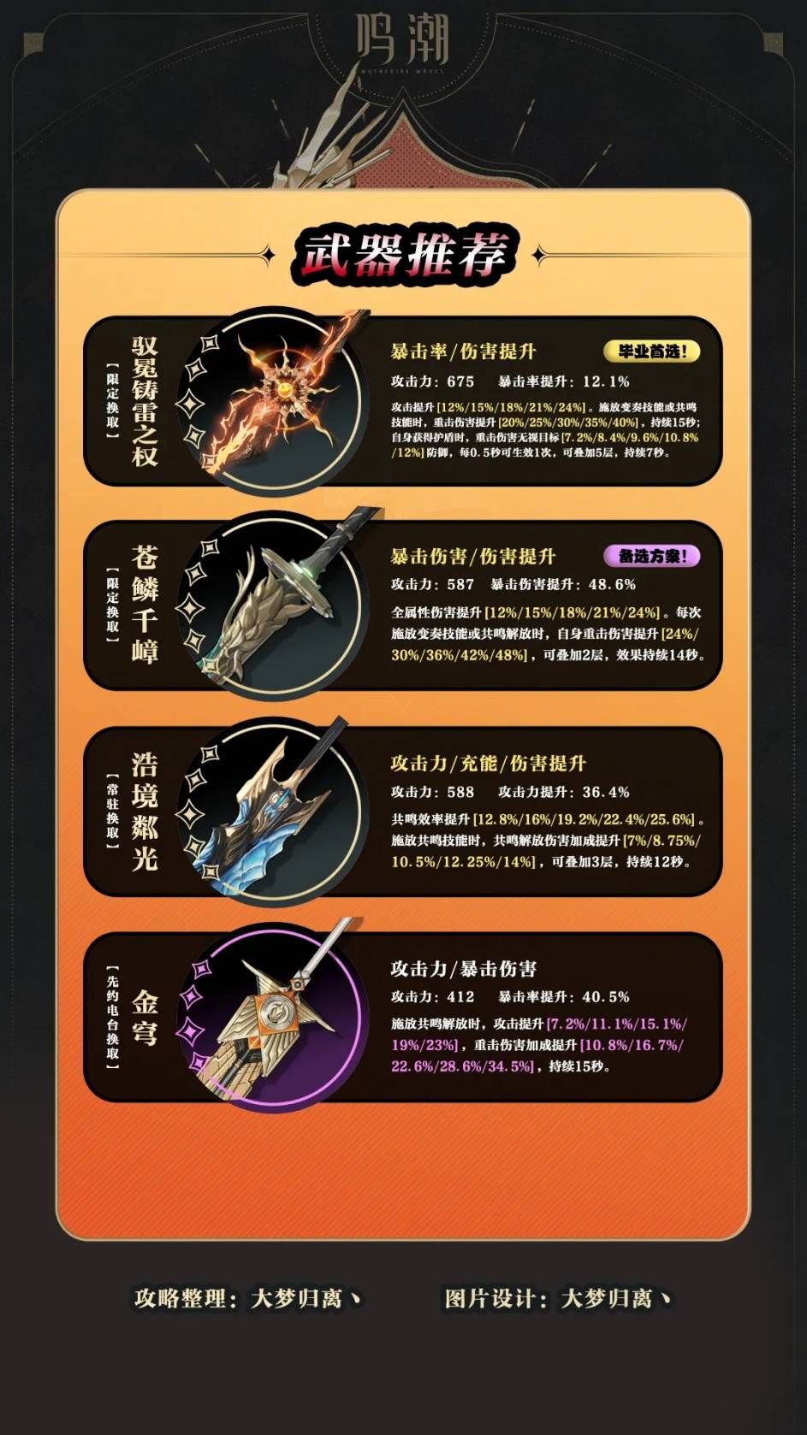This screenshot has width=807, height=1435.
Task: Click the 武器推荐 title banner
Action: pyautogui.click(x=403, y=256)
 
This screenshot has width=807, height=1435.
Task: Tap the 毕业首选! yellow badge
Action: pyautogui.click(x=652, y=351)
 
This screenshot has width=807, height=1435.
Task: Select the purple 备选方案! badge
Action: pyautogui.click(x=652, y=556)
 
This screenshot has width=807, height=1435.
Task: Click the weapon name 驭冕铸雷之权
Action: pyautogui.click(x=145, y=401)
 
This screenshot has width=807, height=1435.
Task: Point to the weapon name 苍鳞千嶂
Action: pyautogui.click(x=145, y=604)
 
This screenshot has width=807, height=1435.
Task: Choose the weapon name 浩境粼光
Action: pyautogui.click(x=145, y=811)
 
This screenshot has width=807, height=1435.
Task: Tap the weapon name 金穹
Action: pyautogui.click(x=145, y=1018)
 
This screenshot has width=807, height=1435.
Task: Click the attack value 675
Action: pyautogui.click(x=460, y=381)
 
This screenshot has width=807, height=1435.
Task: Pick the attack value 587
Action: pyautogui.click(x=460, y=584)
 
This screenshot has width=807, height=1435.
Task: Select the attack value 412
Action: pyautogui.click(x=460, y=997)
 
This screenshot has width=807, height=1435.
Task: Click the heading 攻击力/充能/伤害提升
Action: pyautogui.click(x=489, y=763)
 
